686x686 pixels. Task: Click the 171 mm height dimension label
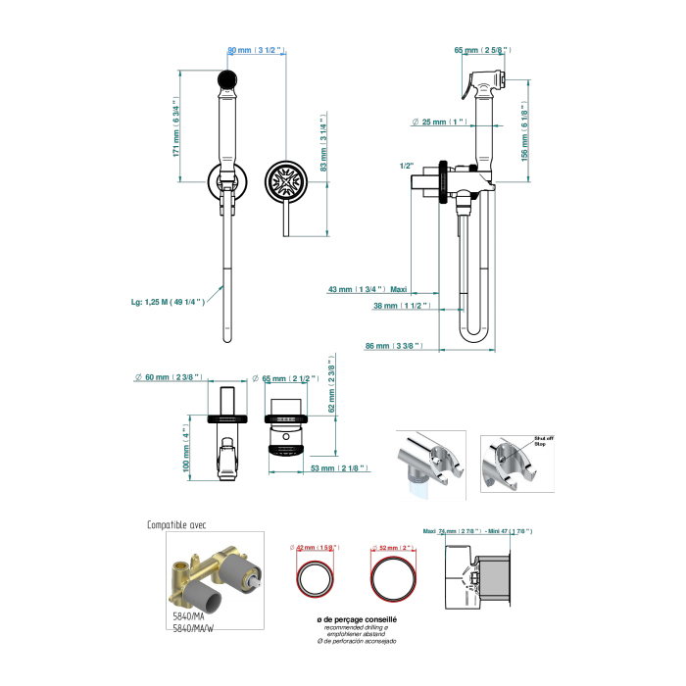click(177, 126)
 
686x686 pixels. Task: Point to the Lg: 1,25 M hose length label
click(169, 302)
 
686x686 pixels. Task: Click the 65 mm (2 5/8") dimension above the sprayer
click(482, 49)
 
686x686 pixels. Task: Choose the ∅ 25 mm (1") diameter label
click(437, 122)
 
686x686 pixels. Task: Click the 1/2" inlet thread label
click(407, 167)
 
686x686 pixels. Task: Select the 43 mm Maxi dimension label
click(367, 289)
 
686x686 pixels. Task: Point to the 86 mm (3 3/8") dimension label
click(393, 346)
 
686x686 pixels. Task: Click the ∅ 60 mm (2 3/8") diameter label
click(167, 377)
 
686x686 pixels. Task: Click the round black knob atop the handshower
click(227, 77)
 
